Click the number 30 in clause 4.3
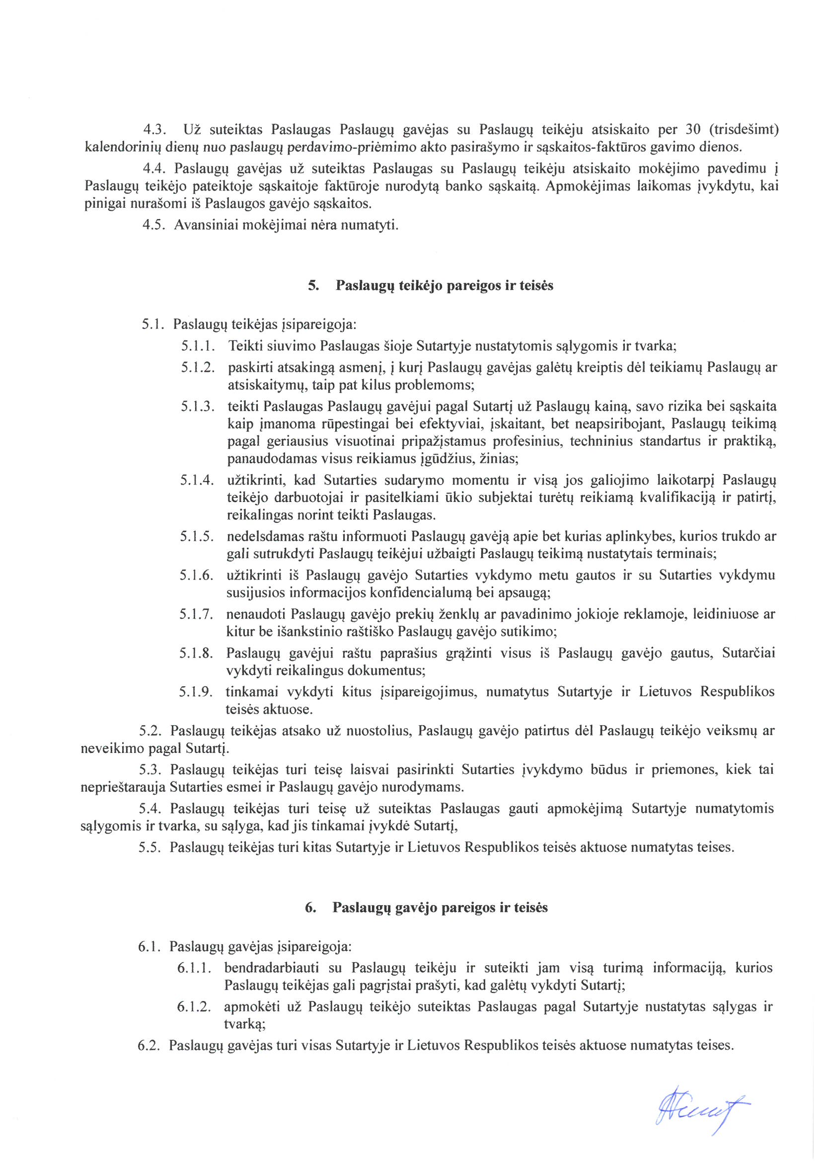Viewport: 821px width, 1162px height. click(692, 130)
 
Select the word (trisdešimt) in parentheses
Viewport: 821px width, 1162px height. click(744, 130)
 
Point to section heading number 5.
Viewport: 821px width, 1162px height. click(313, 285)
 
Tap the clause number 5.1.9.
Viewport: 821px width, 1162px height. click(196, 691)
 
